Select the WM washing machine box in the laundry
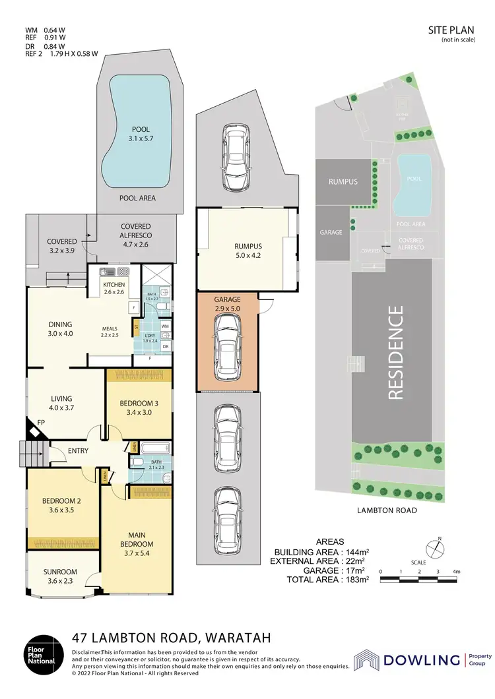pyautogui.click(x=165, y=326)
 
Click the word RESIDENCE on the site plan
pyautogui.click(x=395, y=353)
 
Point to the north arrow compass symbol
pyautogui.click(x=433, y=547)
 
